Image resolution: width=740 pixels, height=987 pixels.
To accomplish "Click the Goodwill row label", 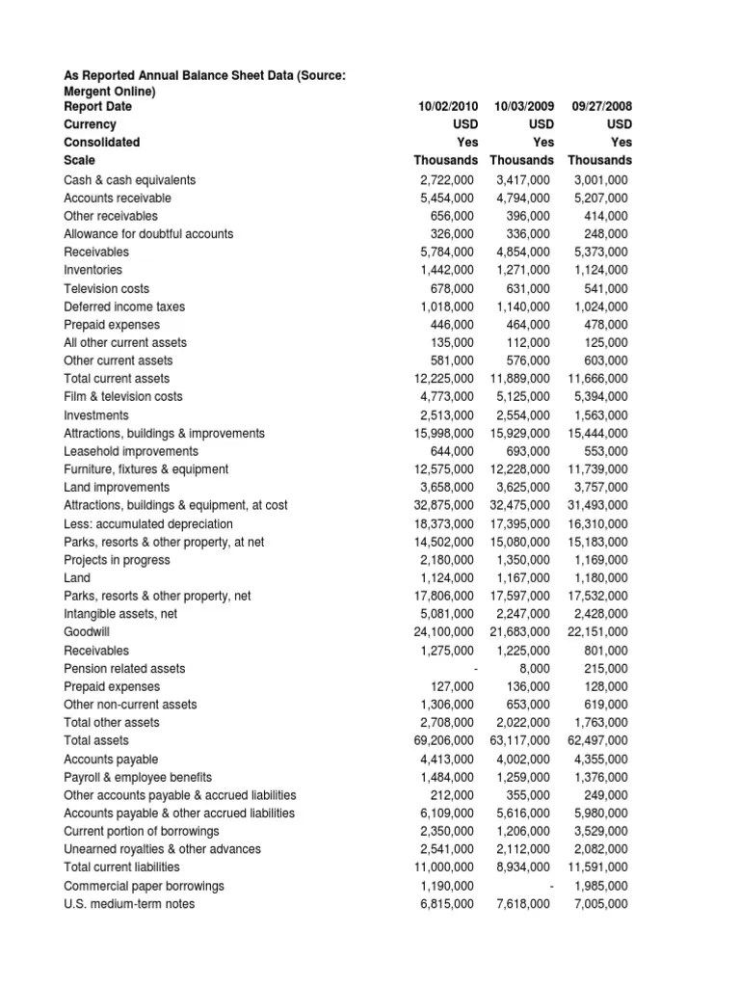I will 87,632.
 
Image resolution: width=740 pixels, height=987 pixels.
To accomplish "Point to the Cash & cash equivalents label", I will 129,179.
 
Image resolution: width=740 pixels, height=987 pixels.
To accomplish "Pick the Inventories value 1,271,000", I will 521,270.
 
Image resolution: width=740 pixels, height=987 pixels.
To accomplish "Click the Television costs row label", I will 106,288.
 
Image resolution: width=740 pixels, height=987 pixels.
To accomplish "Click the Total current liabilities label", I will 122,867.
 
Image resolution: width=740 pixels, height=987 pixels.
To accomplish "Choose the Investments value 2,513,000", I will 447,414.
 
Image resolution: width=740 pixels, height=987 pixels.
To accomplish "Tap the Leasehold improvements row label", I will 131,451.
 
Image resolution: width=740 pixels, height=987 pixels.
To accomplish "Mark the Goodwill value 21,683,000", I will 520,632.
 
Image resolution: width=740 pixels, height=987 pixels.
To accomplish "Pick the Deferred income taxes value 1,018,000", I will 447,307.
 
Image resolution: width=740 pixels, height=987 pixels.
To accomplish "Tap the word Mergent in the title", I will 90,90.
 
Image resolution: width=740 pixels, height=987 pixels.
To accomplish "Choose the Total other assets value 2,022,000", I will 521,723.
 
